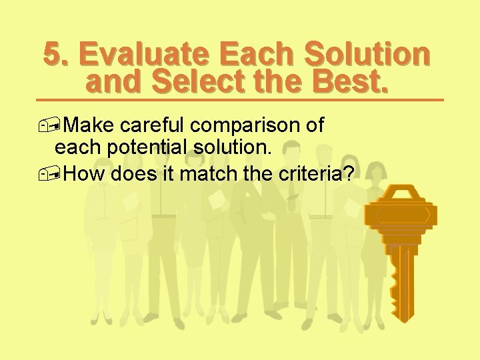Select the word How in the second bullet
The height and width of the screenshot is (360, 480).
86,174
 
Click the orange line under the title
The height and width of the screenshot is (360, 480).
240,99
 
